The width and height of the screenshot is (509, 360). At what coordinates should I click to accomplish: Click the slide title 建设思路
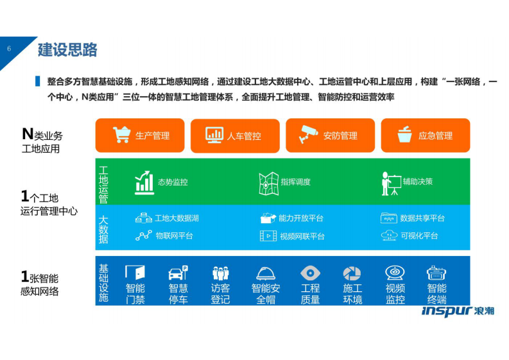(67, 49)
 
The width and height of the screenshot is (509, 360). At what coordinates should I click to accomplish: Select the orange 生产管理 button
(140, 135)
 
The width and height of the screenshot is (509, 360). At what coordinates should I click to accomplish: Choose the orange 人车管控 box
(235, 135)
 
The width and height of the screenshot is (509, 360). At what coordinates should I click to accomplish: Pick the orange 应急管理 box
(425, 135)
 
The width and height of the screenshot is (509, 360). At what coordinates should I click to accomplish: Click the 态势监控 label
(173, 182)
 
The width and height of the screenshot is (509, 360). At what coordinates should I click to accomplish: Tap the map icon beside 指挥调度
(268, 183)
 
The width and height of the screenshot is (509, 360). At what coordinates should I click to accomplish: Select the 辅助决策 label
(418, 182)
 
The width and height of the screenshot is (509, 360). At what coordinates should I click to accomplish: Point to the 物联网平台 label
(174, 236)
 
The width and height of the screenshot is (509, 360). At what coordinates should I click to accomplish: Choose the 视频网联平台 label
(302, 236)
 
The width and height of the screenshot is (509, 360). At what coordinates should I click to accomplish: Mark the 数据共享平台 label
(422, 218)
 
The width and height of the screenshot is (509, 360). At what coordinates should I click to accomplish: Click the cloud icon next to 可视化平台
(389, 236)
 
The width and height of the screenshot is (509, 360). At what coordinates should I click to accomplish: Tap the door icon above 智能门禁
(135, 272)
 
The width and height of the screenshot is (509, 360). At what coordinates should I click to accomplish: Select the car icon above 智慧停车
(178, 273)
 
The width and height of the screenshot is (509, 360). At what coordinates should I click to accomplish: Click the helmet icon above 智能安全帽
(266, 273)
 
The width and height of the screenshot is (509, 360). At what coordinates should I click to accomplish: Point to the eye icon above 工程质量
(310, 273)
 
